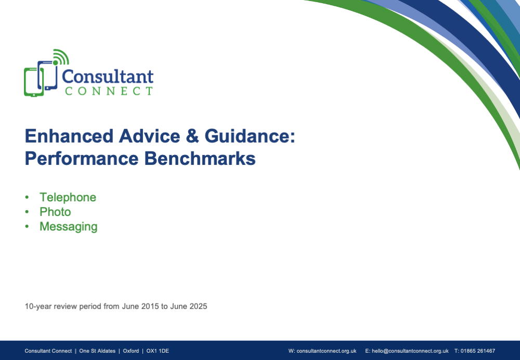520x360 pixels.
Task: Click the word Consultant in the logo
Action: click(108, 76)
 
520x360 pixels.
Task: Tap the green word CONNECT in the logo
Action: click(109, 91)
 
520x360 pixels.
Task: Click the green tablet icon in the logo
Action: click(33, 82)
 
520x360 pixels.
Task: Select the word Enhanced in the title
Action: click(69, 136)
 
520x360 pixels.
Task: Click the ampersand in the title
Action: click(192, 136)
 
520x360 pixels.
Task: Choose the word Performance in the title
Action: click(82, 158)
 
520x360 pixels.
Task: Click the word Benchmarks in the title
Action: click(200, 158)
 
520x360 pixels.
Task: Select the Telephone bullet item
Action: click(68, 197)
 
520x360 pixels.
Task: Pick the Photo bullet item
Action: click(55, 212)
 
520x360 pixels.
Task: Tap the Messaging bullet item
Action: click(68, 227)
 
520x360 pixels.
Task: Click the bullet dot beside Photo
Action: click(27, 212)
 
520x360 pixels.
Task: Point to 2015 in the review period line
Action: click(150, 306)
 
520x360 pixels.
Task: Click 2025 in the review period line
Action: click(198, 306)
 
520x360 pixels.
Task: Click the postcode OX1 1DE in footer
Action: click(158, 351)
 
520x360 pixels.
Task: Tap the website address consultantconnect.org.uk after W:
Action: click(327, 351)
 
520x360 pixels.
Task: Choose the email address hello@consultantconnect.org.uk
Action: click(410, 351)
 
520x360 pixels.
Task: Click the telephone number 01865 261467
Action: click(477, 351)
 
